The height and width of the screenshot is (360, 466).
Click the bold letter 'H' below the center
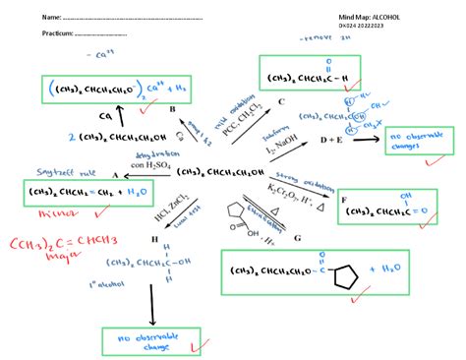pyautogui.click(x=153, y=238)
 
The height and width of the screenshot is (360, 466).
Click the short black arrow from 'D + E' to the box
pyautogui.click(x=367, y=139)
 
